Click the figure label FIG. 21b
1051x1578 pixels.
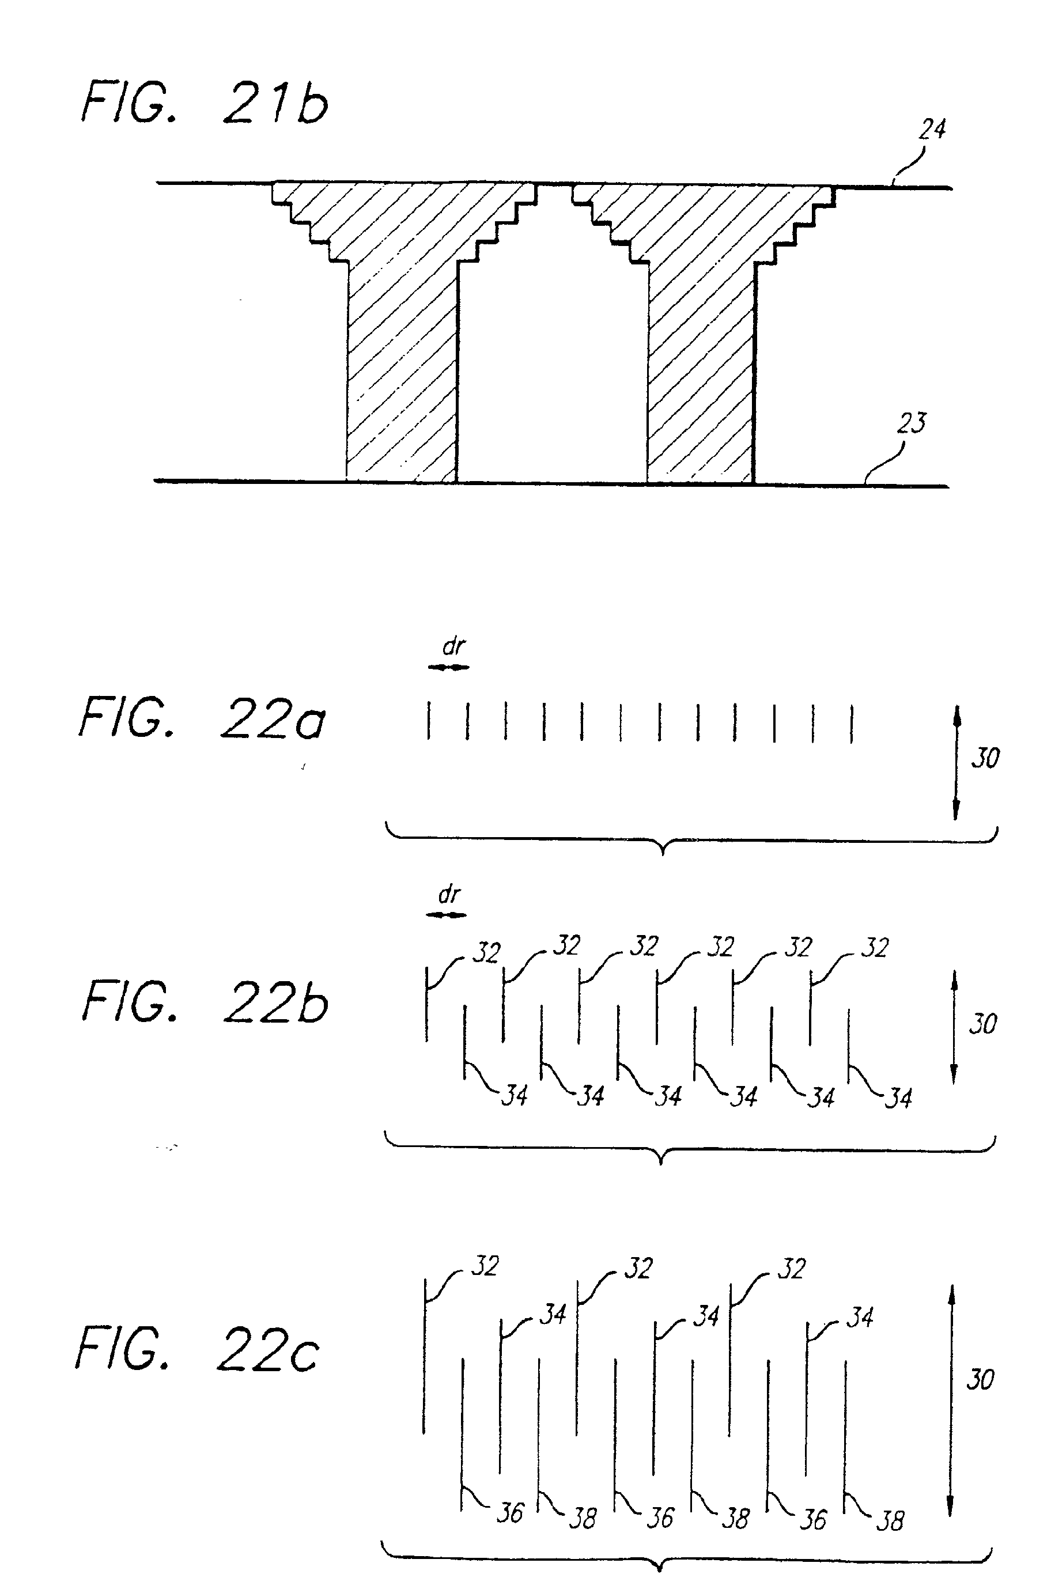point(205,104)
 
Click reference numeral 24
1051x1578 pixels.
point(932,128)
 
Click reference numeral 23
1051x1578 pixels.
point(912,423)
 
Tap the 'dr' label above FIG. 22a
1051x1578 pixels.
point(454,646)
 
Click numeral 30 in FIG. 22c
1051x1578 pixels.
point(980,1380)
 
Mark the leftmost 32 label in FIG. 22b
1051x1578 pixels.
point(487,953)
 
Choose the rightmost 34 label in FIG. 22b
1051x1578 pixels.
point(899,1098)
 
